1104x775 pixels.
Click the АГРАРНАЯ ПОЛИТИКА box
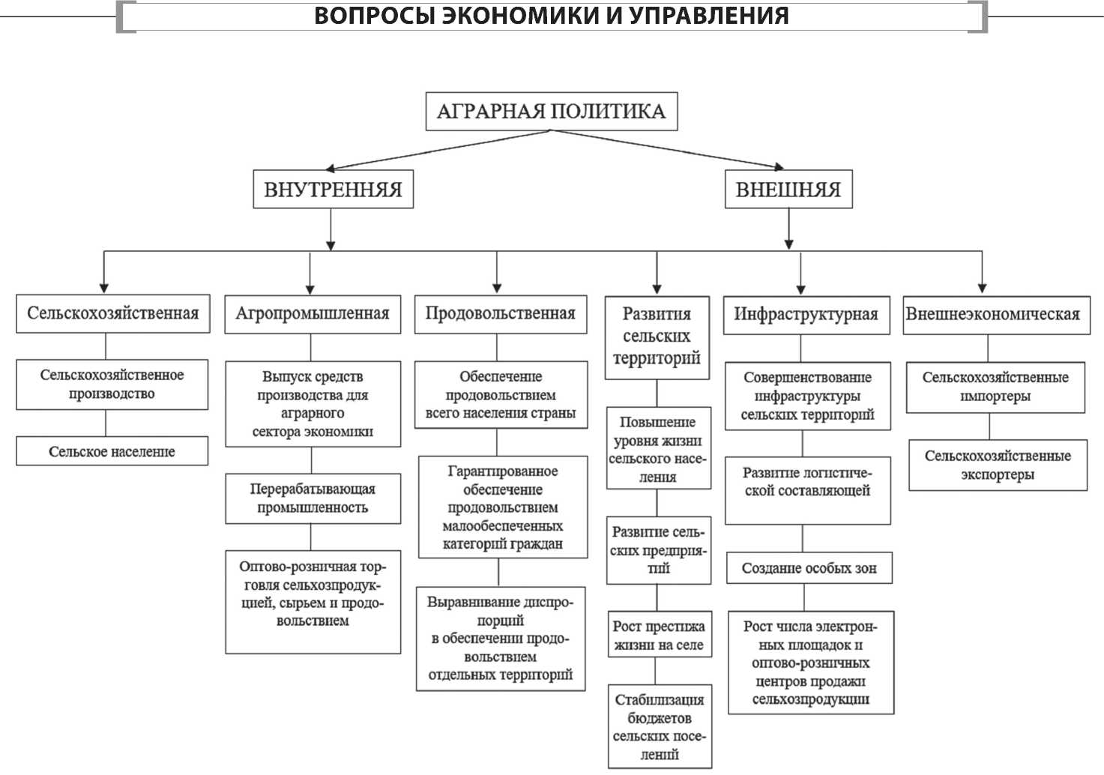(x=552, y=112)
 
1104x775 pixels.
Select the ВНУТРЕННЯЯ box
(x=334, y=190)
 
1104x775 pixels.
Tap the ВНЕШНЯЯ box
(x=788, y=190)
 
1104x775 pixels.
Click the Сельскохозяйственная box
(x=113, y=313)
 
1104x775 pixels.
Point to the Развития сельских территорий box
(x=657, y=338)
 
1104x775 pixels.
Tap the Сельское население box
(x=112, y=451)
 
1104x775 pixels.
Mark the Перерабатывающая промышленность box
(x=313, y=498)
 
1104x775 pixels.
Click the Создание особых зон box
(x=809, y=568)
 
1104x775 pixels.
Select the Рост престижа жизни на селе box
(x=660, y=635)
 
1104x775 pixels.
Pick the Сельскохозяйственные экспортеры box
(x=998, y=465)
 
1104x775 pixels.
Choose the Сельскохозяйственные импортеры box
(x=995, y=387)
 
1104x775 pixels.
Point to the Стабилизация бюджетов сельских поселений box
(x=660, y=726)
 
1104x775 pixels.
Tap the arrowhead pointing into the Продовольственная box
(x=497, y=288)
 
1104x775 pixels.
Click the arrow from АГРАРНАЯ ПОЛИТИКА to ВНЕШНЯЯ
(x=667, y=149)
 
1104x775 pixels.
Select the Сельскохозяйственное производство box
(x=112, y=385)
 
